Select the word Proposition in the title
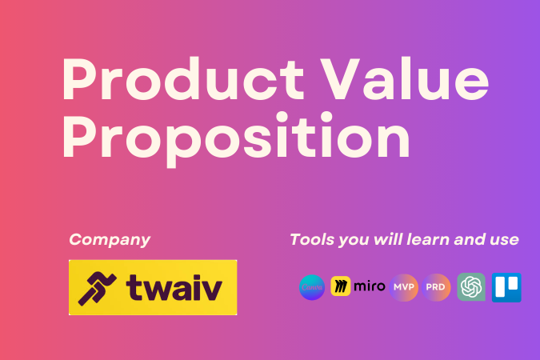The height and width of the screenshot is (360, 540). coord(237,139)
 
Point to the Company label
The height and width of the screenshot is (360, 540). coord(110,239)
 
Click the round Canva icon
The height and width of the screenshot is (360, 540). coord(312,286)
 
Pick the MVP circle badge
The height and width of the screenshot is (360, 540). coord(404,286)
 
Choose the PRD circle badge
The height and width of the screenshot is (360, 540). coord(438,286)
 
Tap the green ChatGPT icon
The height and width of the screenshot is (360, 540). coord(471,286)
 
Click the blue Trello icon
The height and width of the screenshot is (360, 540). coord(506,286)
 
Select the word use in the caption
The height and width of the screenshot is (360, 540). coord(504,239)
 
